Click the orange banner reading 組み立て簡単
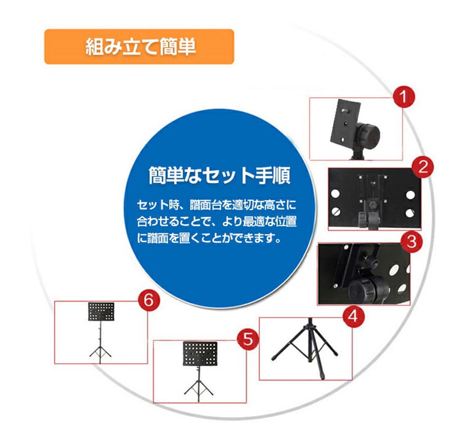pyautogui.click(x=139, y=47)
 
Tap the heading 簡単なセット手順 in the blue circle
pyautogui.click(x=219, y=176)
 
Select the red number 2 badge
pyautogui.click(x=422, y=167)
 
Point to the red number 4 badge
pyautogui.click(x=353, y=316)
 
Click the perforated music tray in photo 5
pyautogui.click(x=200, y=353)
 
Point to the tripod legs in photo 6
pyautogui.click(x=100, y=351)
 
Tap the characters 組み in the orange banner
pyautogui.click(x=96, y=47)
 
